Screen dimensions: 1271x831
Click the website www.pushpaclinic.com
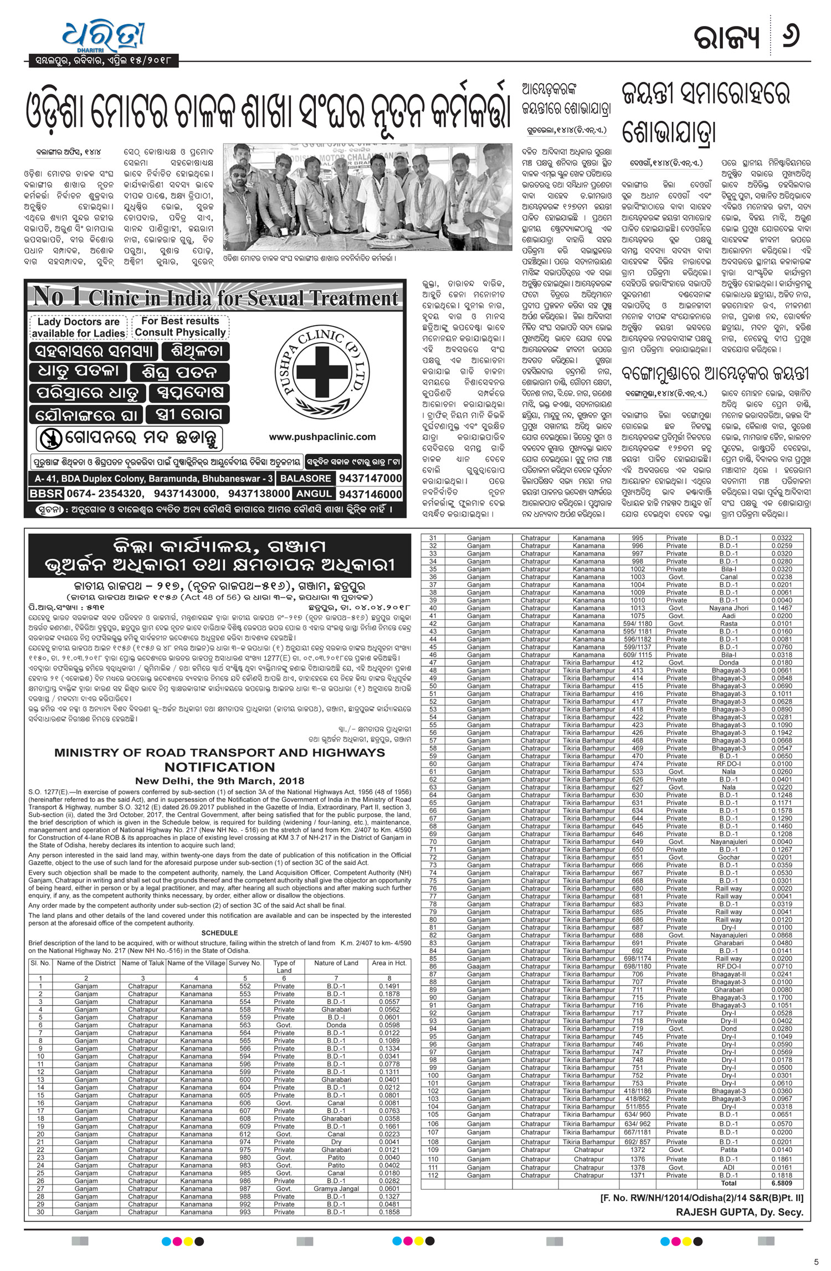tap(322, 437)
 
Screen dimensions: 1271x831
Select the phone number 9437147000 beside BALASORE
tap(370, 478)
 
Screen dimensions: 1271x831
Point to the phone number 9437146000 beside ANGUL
tap(370, 493)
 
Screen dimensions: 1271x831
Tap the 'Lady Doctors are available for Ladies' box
tap(78, 327)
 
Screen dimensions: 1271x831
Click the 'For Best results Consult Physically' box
tap(180, 327)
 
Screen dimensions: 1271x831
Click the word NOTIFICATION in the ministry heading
tap(219, 767)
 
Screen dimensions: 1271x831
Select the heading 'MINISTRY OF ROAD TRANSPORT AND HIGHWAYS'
tap(219, 753)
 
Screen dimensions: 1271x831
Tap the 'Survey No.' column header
tap(245, 963)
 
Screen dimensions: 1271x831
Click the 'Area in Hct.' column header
tap(389, 963)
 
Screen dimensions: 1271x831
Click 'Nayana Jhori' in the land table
tap(729, 608)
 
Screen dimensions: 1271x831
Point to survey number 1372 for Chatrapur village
tap(637, 1150)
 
